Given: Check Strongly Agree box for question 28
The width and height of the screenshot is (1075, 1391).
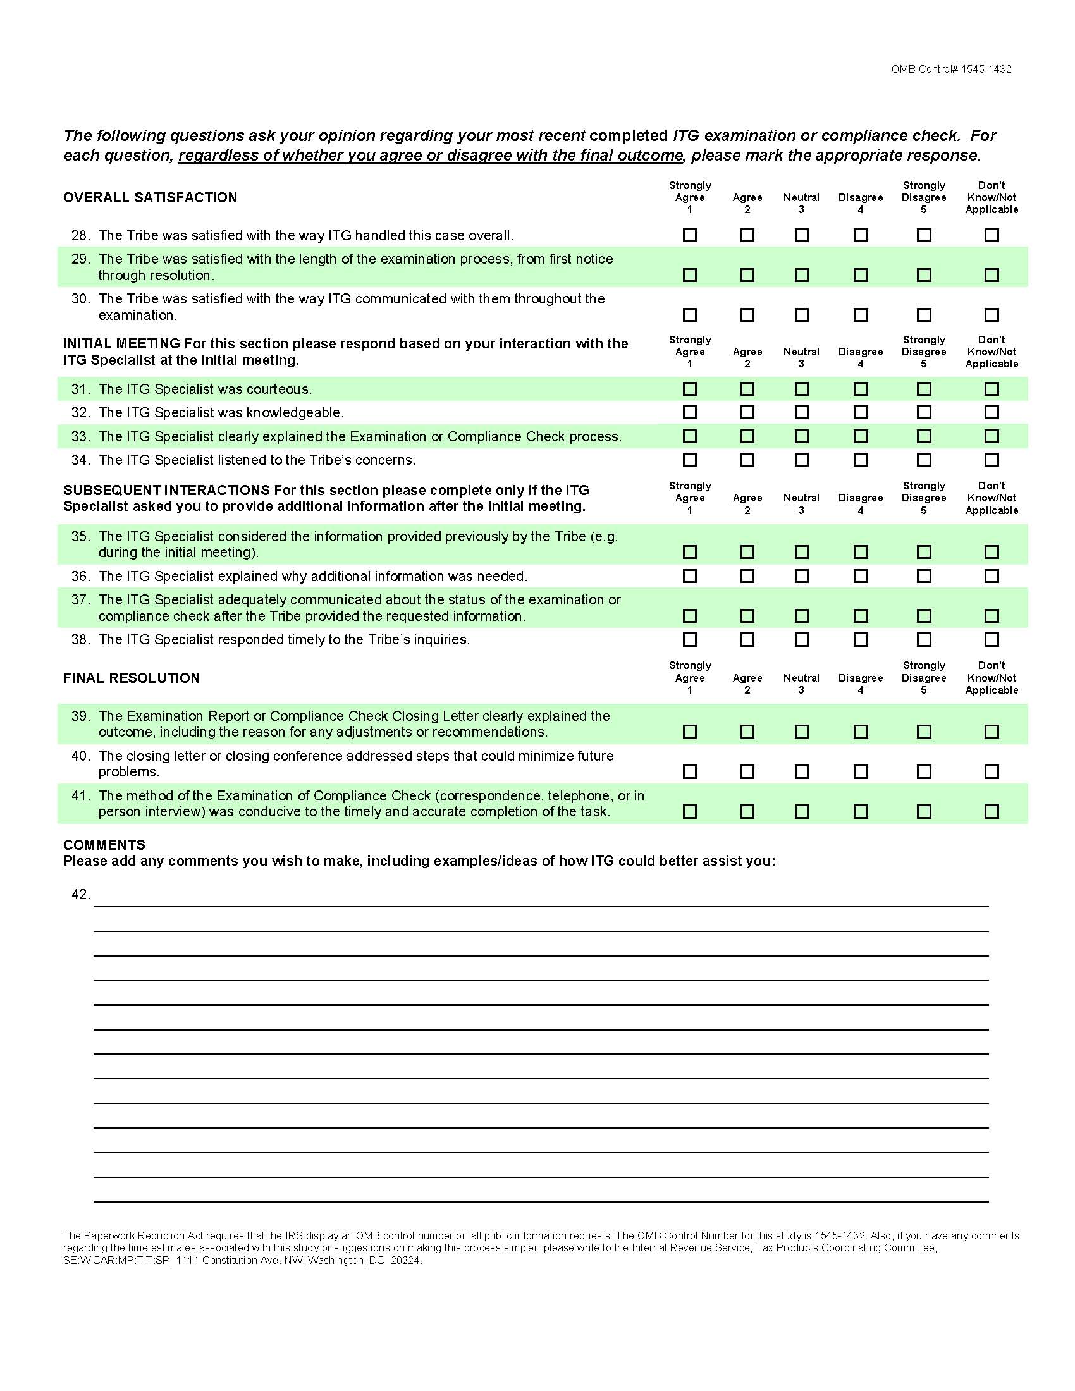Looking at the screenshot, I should [690, 236].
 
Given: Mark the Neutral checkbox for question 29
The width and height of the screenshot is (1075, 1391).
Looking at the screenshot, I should [802, 275].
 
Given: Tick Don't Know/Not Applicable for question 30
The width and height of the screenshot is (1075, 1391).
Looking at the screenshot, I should [992, 315].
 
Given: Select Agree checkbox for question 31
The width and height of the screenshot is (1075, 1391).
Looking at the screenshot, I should [747, 389].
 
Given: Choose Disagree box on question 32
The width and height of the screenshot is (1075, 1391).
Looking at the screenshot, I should [861, 413].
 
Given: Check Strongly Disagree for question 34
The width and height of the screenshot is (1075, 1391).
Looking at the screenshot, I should [924, 460].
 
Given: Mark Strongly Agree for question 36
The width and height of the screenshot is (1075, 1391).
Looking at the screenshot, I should [690, 577].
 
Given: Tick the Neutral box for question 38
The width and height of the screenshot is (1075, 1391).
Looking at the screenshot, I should [802, 639].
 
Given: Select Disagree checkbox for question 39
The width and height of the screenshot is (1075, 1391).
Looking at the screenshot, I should [861, 732].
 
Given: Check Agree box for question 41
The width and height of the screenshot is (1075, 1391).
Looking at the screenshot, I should [747, 811].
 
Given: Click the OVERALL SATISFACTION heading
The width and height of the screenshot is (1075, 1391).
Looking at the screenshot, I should [150, 198].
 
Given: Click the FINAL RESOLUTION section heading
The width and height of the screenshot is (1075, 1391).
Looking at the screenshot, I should [132, 678].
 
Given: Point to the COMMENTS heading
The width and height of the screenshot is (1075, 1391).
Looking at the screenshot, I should [104, 845].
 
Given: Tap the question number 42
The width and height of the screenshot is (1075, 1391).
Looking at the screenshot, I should [80, 895].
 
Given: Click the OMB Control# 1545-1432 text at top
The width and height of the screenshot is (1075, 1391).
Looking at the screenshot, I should [952, 70].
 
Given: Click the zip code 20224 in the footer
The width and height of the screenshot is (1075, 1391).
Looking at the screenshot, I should [406, 1260].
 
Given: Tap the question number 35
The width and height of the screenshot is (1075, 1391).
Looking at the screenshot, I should [80, 536].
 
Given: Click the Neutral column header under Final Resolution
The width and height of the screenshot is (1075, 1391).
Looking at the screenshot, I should [801, 678].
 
